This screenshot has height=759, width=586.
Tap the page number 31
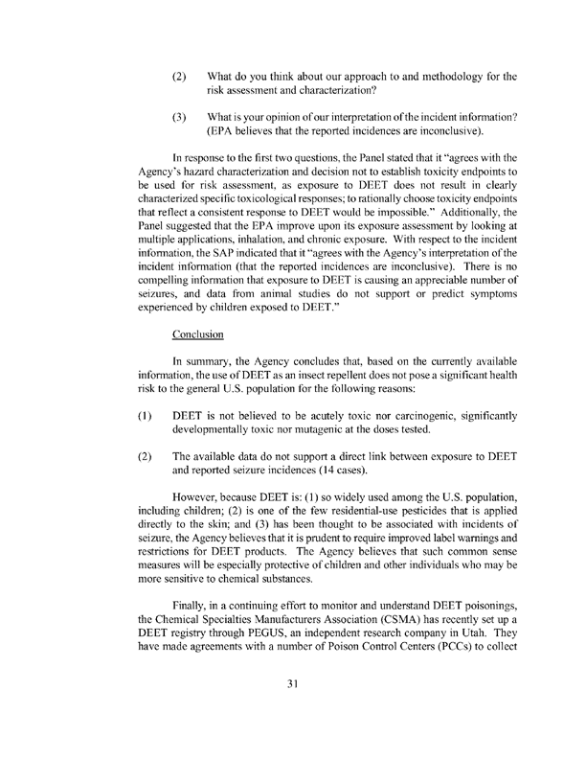click(293, 711)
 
